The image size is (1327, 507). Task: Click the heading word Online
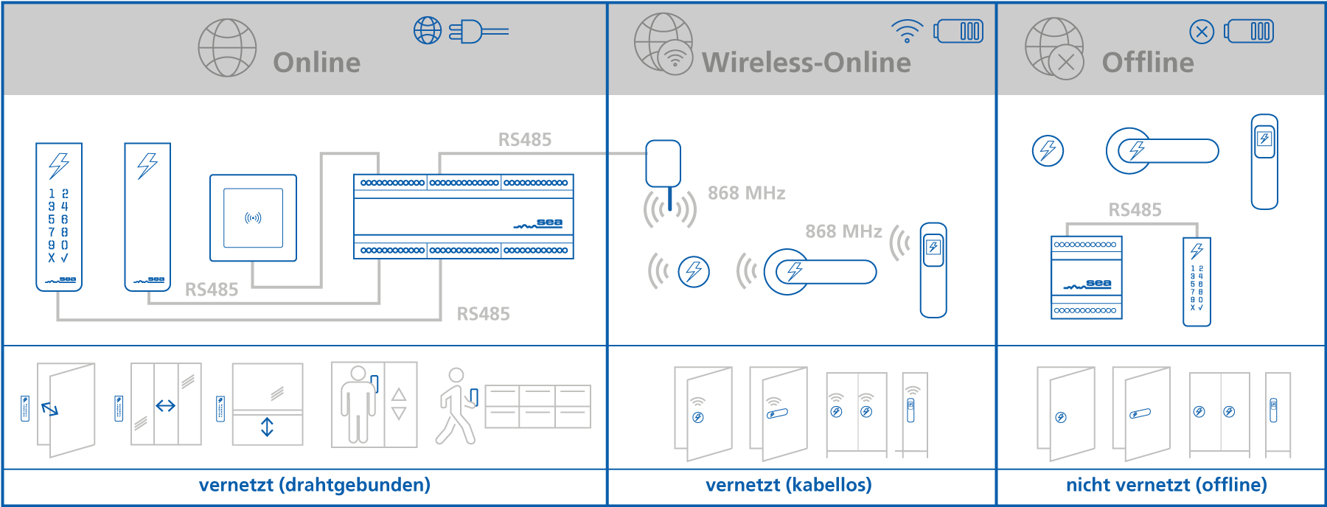316,63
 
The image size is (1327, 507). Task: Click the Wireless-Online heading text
806,63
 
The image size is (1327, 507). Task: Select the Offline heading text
1147,63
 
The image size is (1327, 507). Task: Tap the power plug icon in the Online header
478,32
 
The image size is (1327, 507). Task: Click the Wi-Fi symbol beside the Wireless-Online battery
907,31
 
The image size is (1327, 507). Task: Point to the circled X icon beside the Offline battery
1202,32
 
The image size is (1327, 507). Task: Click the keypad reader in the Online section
59,217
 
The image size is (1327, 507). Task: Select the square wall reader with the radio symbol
253,218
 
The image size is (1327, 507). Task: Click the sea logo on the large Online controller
549,223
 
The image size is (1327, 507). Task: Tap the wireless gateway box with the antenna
663,164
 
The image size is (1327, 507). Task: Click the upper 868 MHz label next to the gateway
746,193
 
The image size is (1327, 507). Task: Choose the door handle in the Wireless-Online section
820,272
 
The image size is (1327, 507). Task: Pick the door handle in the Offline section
1162,151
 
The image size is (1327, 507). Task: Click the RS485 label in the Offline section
1135,210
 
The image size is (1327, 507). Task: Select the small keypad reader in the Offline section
1196,282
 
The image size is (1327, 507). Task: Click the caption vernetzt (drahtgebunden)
314,485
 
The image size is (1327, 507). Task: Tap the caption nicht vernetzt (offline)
1166,485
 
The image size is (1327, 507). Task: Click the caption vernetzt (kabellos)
788,485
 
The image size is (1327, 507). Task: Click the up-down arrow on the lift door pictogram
267,427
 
